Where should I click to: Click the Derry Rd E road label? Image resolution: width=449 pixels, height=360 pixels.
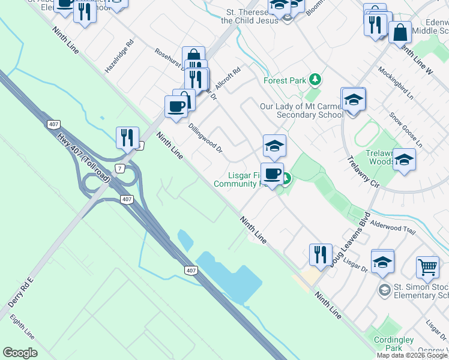[x=20, y=293]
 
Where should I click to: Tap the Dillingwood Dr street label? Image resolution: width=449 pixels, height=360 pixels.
[x=205, y=138]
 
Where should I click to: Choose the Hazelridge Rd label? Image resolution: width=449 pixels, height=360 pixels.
[x=119, y=57]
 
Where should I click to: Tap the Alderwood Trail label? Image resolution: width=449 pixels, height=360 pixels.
[x=393, y=225]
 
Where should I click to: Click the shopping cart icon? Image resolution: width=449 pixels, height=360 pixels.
[x=427, y=266]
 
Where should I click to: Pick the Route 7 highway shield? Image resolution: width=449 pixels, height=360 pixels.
[x=120, y=169]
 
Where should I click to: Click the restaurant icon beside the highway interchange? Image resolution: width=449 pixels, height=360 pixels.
[x=127, y=138]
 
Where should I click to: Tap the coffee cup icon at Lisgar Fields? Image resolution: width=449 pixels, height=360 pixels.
[x=272, y=174]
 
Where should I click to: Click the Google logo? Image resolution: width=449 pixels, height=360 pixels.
[x=20, y=353]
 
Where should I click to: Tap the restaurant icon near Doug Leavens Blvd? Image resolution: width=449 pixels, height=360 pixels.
[x=321, y=254]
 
